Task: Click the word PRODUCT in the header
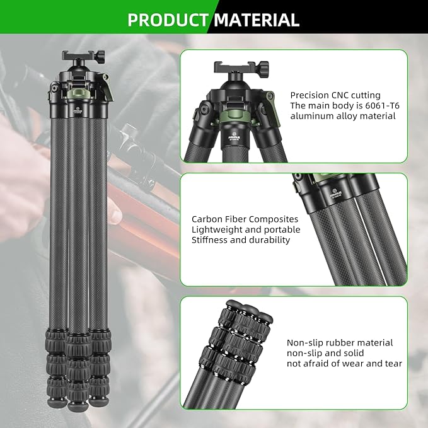tap(167, 20)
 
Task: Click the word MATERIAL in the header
tap(256, 20)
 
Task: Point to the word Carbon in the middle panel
tap(206, 219)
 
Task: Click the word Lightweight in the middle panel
tap(217, 229)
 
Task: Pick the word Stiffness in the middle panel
tap(211, 240)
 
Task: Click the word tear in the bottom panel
tap(391, 364)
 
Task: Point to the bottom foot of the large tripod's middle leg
tap(78, 396)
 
